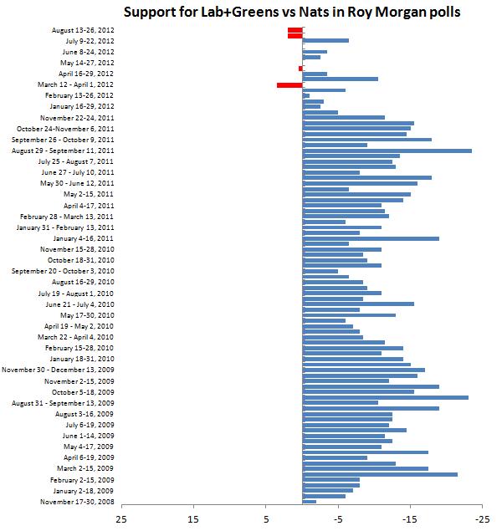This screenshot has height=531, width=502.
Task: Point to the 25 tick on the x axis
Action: (x=122, y=519)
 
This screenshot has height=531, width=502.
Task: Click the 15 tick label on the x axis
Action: (x=194, y=519)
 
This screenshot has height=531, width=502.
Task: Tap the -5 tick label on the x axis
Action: (x=338, y=519)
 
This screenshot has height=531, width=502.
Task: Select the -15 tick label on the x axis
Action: (x=410, y=519)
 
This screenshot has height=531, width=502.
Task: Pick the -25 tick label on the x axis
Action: (x=482, y=519)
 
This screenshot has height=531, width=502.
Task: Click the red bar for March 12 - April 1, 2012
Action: (x=289, y=84)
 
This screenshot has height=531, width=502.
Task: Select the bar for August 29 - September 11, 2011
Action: (x=387, y=151)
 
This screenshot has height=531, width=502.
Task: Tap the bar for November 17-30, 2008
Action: (x=309, y=502)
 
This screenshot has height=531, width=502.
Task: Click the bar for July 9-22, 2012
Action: (x=325, y=40)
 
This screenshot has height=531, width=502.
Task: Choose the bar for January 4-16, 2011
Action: (x=371, y=238)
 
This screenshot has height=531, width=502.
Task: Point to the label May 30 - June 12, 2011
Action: (x=77, y=183)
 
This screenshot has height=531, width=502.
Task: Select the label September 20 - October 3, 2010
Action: (x=63, y=271)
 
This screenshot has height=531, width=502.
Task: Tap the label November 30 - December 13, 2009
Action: (x=58, y=370)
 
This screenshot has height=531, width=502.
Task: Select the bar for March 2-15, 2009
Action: (x=365, y=468)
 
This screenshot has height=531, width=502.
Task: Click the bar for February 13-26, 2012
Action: (x=305, y=95)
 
